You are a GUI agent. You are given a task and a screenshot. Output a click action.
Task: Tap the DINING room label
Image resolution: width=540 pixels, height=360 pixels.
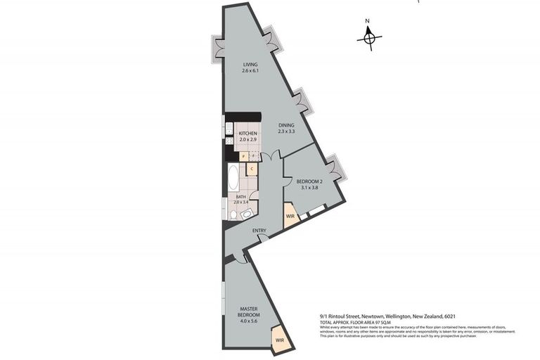click(285, 125)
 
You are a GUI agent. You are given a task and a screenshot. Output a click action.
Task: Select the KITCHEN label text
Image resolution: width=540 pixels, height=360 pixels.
click(247, 134)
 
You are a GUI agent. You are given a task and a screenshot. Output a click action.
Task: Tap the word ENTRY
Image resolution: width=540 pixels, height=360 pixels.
click(259, 231)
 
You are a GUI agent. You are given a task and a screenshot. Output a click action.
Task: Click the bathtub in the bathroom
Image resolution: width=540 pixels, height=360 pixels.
click(233, 178)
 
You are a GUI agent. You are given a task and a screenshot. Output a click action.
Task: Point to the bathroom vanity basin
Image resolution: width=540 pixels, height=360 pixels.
click(247, 214)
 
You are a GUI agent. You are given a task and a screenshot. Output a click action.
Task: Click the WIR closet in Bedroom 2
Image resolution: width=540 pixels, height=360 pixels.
click(290, 215)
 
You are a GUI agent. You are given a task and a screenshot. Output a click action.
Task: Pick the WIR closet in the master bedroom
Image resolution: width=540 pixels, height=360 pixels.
click(279, 338)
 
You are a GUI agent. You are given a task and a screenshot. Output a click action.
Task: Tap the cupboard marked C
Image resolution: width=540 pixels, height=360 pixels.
click(251, 169)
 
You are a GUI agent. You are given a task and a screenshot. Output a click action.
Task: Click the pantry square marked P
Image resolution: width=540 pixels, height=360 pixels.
click(243, 156)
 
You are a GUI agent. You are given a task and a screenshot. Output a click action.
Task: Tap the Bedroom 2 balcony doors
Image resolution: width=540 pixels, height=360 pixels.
click(335, 167)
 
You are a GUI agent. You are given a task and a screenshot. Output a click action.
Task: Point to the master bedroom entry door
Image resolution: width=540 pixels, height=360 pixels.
click(241, 258)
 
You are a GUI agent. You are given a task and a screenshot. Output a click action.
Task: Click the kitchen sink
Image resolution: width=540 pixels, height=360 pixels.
click(229, 129)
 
